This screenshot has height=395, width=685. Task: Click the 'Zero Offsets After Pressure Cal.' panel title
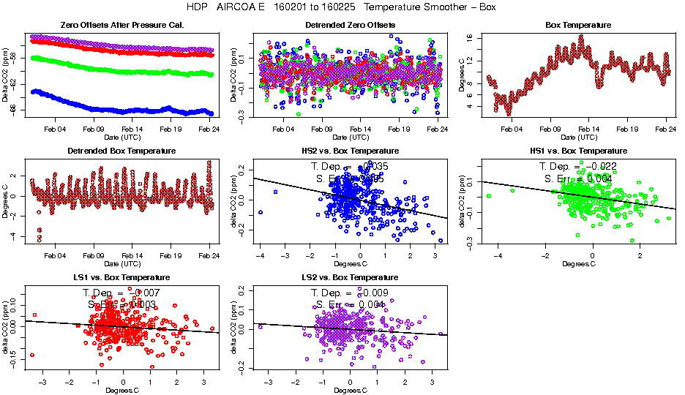[x=122, y=25]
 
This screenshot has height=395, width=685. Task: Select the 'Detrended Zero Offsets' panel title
[x=350, y=25]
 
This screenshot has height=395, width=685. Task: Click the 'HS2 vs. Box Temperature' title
[x=350, y=151]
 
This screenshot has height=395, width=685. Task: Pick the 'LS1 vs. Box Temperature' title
[x=122, y=278]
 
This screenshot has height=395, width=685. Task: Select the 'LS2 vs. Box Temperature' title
[x=350, y=278]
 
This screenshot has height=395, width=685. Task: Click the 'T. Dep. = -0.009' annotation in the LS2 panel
[x=350, y=293]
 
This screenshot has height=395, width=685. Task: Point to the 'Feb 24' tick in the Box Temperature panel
[x=665, y=129]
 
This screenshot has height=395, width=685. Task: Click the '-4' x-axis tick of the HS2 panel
[x=261, y=255]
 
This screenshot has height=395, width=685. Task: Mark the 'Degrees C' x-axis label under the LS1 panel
[x=121, y=390]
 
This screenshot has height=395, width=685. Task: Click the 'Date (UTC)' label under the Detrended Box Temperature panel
[x=121, y=263]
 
